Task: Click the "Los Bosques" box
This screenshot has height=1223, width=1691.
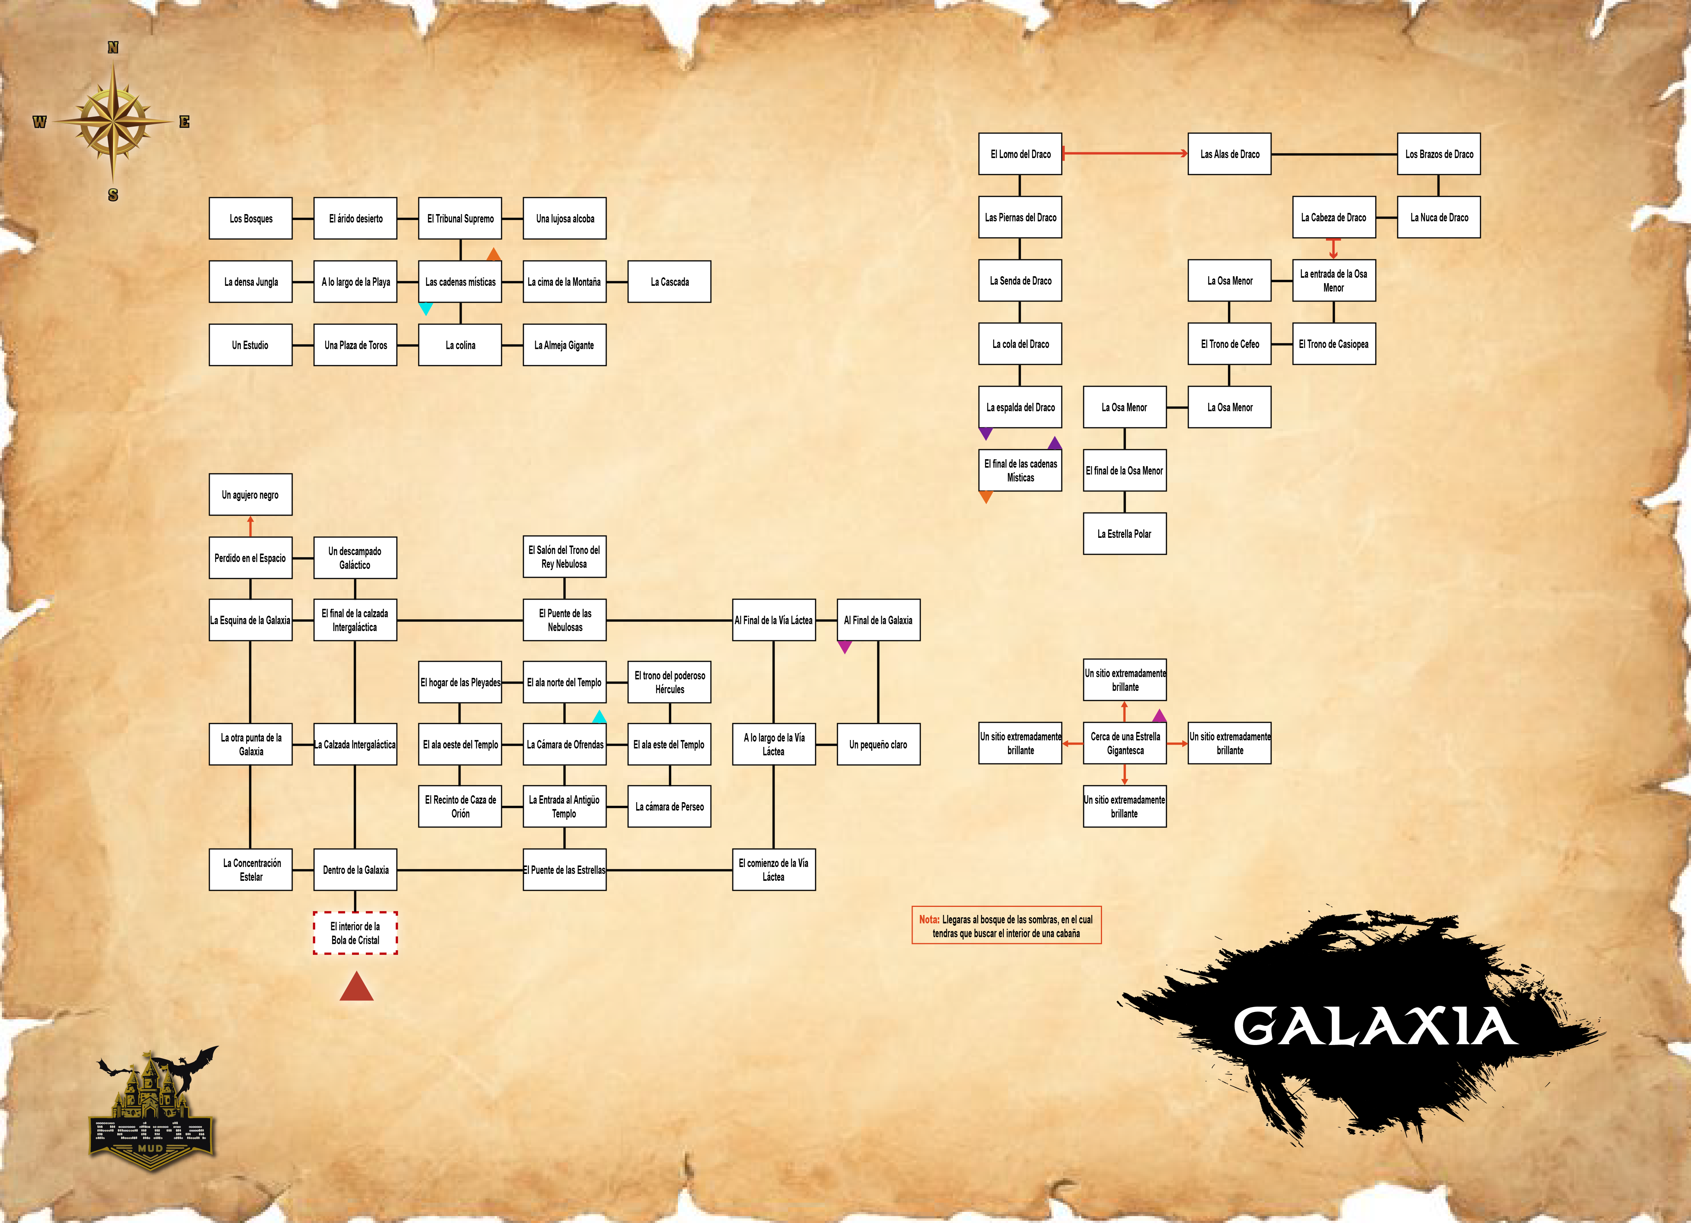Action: point(250,219)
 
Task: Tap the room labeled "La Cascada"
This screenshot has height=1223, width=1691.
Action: point(669,282)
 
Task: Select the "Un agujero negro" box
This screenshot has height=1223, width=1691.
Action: point(250,494)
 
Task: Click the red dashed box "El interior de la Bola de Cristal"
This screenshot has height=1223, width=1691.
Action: point(355,933)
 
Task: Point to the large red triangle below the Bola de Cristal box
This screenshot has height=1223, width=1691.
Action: point(356,987)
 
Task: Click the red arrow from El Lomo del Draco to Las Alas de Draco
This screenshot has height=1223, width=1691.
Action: point(1125,153)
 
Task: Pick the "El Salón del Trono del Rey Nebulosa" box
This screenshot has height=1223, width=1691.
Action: point(564,557)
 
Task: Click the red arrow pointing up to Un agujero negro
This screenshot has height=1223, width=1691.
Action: point(250,526)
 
